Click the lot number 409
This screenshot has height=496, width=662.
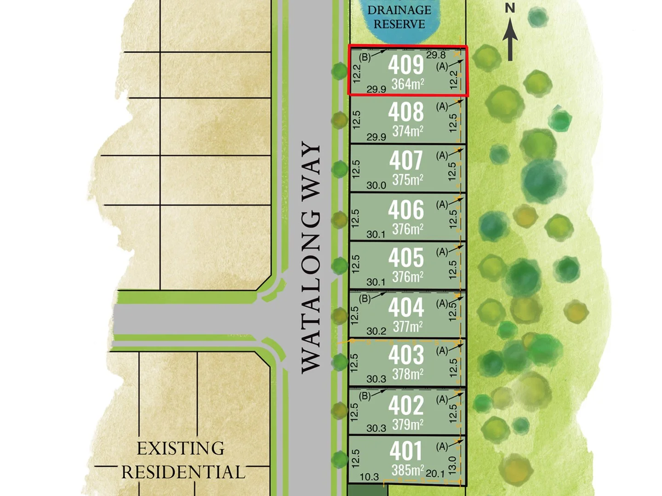point(406,65)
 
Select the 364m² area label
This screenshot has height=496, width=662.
point(407,84)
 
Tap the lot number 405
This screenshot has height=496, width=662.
point(406,258)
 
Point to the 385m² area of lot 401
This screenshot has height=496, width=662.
point(408,470)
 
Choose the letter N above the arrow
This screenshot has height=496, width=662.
point(510,8)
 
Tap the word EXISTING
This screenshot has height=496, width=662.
point(181,448)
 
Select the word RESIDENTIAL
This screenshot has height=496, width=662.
point(183,472)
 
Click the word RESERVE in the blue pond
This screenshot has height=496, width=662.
point(399,24)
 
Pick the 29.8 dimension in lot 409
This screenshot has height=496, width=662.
point(436,55)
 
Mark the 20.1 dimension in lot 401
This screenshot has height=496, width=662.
point(435,473)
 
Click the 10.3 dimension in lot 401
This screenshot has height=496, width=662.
point(369,477)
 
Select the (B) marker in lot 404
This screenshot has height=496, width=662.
point(365,299)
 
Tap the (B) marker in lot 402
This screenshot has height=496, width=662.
point(365,395)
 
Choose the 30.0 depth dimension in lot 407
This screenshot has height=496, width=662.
point(376,186)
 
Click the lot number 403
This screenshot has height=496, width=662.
point(406,355)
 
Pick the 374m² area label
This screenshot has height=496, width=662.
point(407,131)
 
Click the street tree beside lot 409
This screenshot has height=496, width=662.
point(339,71)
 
